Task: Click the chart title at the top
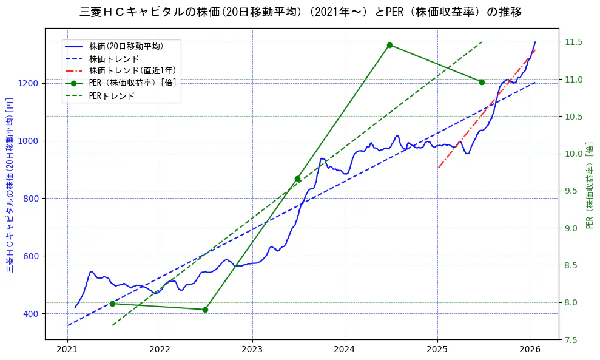pos(300,12)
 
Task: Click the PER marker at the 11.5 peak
pos(389,45)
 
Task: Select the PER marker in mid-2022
pos(205,310)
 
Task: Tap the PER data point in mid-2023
pos(297,178)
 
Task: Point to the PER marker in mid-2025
pos(482,82)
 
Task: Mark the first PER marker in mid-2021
pos(112,304)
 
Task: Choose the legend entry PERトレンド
pos(112,96)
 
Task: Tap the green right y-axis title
pos(590,185)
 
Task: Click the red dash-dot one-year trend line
pos(485,110)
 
